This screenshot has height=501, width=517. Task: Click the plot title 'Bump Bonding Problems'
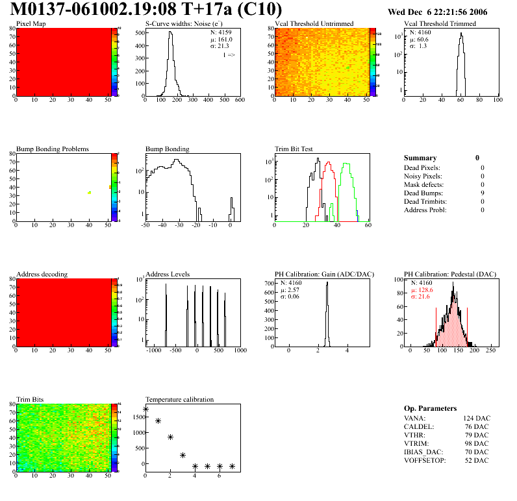pyautogui.click(x=53, y=149)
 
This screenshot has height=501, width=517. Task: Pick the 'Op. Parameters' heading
pyautogui.click(x=430, y=408)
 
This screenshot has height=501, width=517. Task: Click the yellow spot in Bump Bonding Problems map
pyautogui.click(x=90, y=193)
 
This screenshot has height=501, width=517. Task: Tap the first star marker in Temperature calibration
pyautogui.click(x=145, y=409)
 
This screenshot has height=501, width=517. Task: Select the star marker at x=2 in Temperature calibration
pyautogui.click(x=170, y=437)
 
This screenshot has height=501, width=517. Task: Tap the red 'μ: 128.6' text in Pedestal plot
pyautogui.click(x=423, y=289)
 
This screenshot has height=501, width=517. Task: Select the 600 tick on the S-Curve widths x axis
pyautogui.click(x=239, y=101)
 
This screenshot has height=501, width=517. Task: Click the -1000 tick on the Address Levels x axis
pyautogui.click(x=153, y=350)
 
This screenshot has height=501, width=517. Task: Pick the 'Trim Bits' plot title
pyautogui.click(x=31, y=398)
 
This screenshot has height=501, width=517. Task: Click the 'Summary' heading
pyautogui.click(x=420, y=158)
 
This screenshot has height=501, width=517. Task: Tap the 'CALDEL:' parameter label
pyautogui.click(x=418, y=426)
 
